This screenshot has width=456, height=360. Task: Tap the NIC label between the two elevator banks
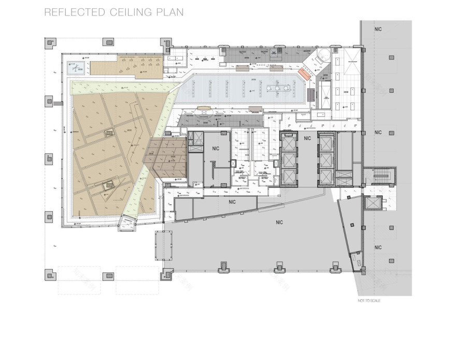[307, 139]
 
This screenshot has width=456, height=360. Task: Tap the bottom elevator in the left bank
[288, 175]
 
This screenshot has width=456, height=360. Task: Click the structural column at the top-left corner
[51, 42]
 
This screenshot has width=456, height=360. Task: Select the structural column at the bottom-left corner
[51, 273]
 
